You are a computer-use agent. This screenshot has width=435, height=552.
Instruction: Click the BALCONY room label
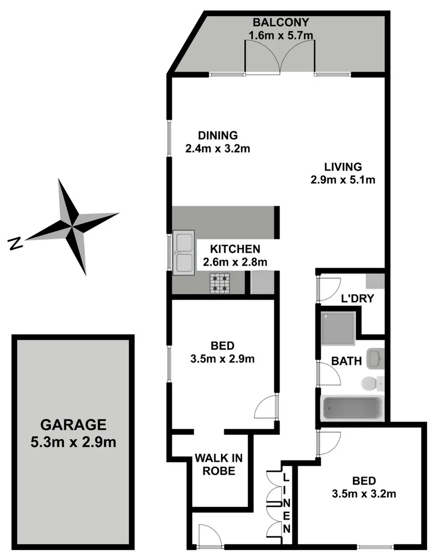pyautogui.click(x=281, y=22)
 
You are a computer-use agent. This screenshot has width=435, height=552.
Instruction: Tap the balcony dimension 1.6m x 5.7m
pyautogui.click(x=281, y=36)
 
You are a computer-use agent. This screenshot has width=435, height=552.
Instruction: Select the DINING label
pyautogui.click(x=218, y=135)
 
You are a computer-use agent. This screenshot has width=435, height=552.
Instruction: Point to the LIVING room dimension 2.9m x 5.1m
pyautogui.click(x=343, y=180)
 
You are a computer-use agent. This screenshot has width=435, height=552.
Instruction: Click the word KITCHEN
pyautogui.click(x=235, y=249)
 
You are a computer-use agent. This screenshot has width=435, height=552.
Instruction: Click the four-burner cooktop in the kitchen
pyautogui.click(x=221, y=283)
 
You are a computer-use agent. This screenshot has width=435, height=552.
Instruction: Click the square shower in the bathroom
pyautogui.click(x=338, y=328)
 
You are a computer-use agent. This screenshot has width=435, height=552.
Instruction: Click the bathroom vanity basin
pyautogui.click(x=375, y=359)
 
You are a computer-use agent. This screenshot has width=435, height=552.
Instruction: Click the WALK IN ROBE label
pyautogui.click(x=219, y=464)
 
